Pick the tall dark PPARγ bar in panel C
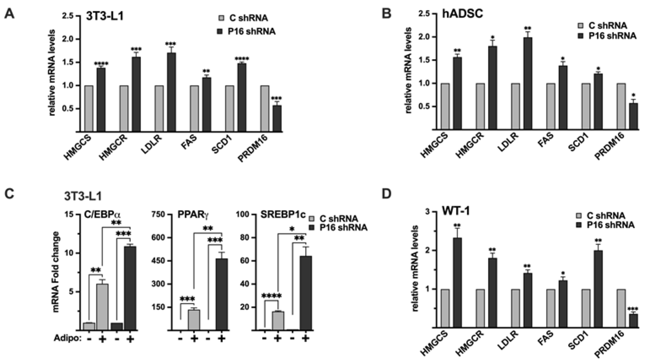(222, 294)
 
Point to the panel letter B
(386, 14)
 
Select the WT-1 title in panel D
(456, 211)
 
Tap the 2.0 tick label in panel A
(68, 39)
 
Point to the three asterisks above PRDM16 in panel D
(633, 309)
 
